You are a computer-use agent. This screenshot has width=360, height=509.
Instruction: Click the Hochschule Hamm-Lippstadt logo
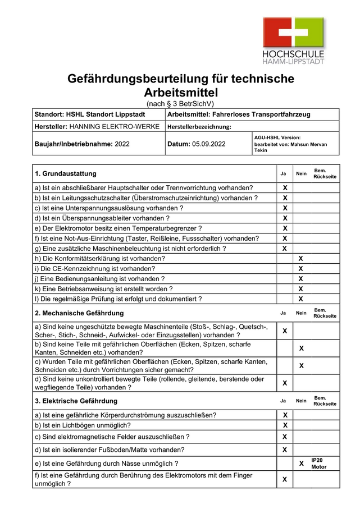pyautogui.click(x=294, y=39)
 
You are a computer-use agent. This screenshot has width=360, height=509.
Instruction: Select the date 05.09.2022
pyautogui.click(x=208, y=144)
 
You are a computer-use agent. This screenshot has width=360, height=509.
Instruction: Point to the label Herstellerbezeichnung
pyautogui.click(x=199, y=127)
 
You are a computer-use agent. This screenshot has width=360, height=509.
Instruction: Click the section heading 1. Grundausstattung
pyautogui.click(x=66, y=173)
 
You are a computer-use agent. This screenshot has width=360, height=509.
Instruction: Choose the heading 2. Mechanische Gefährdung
pyautogui.click(x=79, y=313)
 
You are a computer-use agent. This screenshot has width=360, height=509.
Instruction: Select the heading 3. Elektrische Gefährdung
pyautogui.click(x=76, y=401)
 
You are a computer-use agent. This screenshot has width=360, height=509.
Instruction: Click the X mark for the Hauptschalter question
pyautogui.click(x=285, y=187)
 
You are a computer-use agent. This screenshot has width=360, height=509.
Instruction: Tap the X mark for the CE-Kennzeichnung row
pyautogui.click(x=301, y=268)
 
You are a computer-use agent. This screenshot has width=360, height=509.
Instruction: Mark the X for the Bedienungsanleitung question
pyautogui.click(x=301, y=278)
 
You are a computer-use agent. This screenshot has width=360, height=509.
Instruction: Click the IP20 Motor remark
pyautogui.click(x=318, y=463)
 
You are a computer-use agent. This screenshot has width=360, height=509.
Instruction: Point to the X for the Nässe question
pyautogui.click(x=301, y=464)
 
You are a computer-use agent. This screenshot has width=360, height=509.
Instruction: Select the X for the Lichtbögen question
pyautogui.click(x=285, y=425)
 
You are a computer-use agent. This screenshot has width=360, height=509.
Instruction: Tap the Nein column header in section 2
pyautogui.click(x=301, y=313)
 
